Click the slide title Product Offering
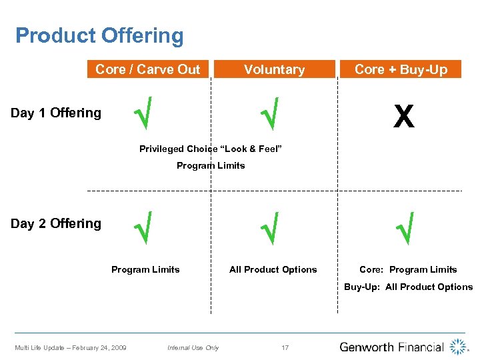pyautogui.click(x=99, y=35)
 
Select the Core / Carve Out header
pyautogui.click(x=147, y=69)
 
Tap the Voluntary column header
pyautogui.click(x=274, y=69)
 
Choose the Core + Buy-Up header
pyautogui.click(x=401, y=69)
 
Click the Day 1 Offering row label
pyautogui.click(x=56, y=113)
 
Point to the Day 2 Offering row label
pyautogui.click(x=56, y=223)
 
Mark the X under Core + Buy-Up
pyautogui.click(x=403, y=117)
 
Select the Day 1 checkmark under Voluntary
pyautogui.click(x=270, y=113)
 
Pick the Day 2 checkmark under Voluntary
pyautogui.click(x=270, y=227)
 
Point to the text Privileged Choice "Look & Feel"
pyautogui.click(x=211, y=149)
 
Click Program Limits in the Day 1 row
pyautogui.click(x=211, y=165)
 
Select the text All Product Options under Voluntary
pyautogui.click(x=273, y=269)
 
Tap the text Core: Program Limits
pyautogui.click(x=408, y=269)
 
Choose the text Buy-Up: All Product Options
pyautogui.click(x=408, y=287)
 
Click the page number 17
pyautogui.click(x=285, y=347)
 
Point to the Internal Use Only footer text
pyautogui.click(x=193, y=347)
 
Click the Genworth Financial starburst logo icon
pyautogui.click(x=459, y=347)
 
